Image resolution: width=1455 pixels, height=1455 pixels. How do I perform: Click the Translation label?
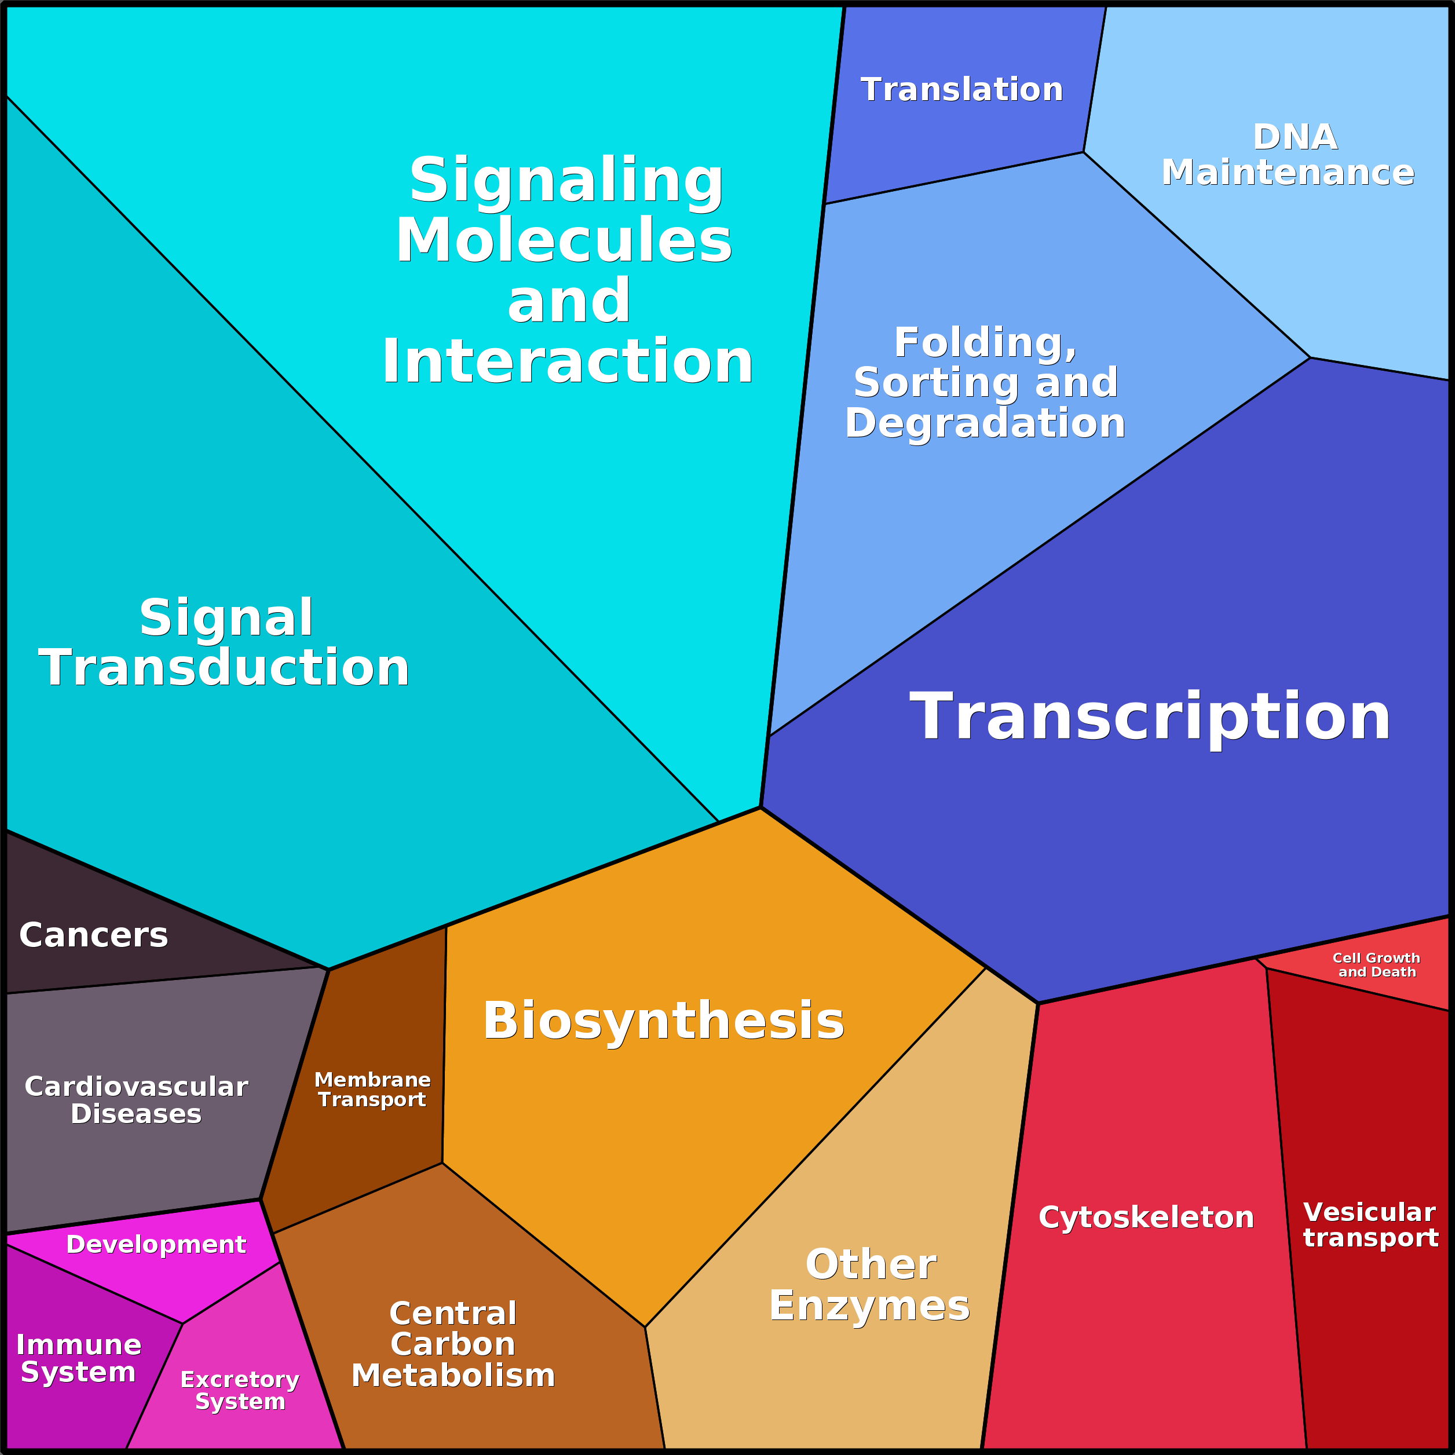962,90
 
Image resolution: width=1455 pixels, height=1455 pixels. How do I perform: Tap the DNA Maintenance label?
1288,155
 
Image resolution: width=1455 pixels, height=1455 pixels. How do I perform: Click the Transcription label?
1150,716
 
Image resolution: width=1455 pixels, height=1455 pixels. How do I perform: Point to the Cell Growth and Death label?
1377,965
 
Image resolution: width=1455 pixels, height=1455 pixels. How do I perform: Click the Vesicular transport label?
1370,1224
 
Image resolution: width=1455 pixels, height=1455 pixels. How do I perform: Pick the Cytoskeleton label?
1146,1218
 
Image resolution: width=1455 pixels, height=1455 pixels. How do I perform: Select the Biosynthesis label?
663,1021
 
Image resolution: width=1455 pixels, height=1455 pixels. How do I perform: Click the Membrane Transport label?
372,1090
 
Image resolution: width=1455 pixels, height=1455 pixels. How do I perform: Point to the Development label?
156,1244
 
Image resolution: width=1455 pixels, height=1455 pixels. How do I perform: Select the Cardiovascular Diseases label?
136,1099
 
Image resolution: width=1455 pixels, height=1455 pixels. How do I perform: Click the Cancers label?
93,935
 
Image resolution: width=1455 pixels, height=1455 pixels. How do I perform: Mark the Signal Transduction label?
224,642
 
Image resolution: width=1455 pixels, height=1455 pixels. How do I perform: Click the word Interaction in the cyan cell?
568,362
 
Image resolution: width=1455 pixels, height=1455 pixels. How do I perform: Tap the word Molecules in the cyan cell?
564,241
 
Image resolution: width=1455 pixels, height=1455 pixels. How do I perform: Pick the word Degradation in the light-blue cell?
985,423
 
